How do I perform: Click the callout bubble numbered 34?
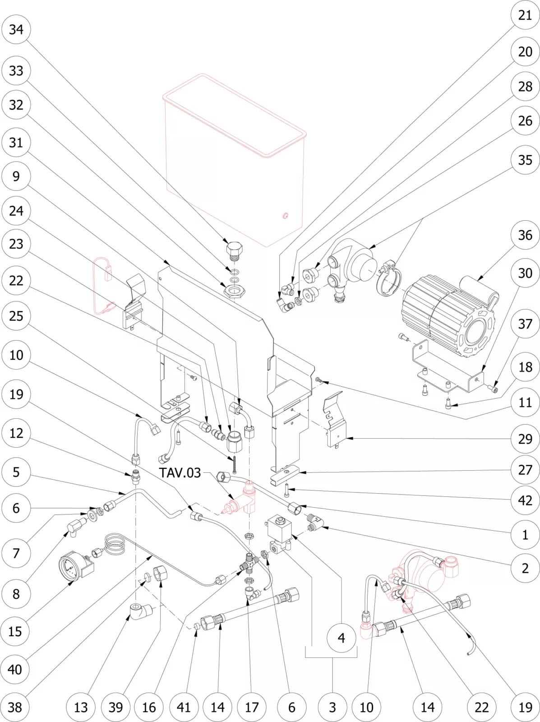(x=16, y=29)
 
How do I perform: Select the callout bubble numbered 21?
(x=525, y=15)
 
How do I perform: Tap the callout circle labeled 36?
(x=525, y=235)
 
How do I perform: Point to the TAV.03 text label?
(x=180, y=473)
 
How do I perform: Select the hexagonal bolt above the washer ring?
(x=234, y=250)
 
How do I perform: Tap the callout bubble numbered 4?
(x=342, y=638)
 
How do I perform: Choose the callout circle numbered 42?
(x=525, y=500)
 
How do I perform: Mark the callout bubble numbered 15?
(x=15, y=631)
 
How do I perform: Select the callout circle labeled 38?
(x=15, y=707)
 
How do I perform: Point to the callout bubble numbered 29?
(x=525, y=439)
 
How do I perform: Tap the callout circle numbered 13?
(x=81, y=707)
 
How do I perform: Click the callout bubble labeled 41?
(x=184, y=707)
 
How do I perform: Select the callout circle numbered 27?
(x=525, y=470)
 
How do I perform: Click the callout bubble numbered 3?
(x=332, y=707)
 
